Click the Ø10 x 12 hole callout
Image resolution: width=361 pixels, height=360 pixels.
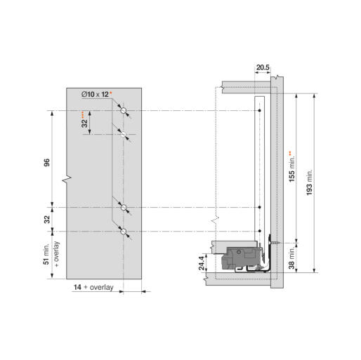point(95,95)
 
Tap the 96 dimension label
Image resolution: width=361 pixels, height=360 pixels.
point(47,162)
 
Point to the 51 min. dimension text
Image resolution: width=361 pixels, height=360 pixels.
point(46,254)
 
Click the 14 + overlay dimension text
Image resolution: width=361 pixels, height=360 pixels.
point(93,287)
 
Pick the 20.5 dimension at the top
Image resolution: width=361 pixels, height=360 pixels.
point(263,67)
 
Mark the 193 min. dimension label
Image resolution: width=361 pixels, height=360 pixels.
point(309,182)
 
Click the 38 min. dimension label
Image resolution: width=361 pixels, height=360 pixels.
point(291,258)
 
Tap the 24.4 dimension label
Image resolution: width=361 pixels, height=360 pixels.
point(202,263)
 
